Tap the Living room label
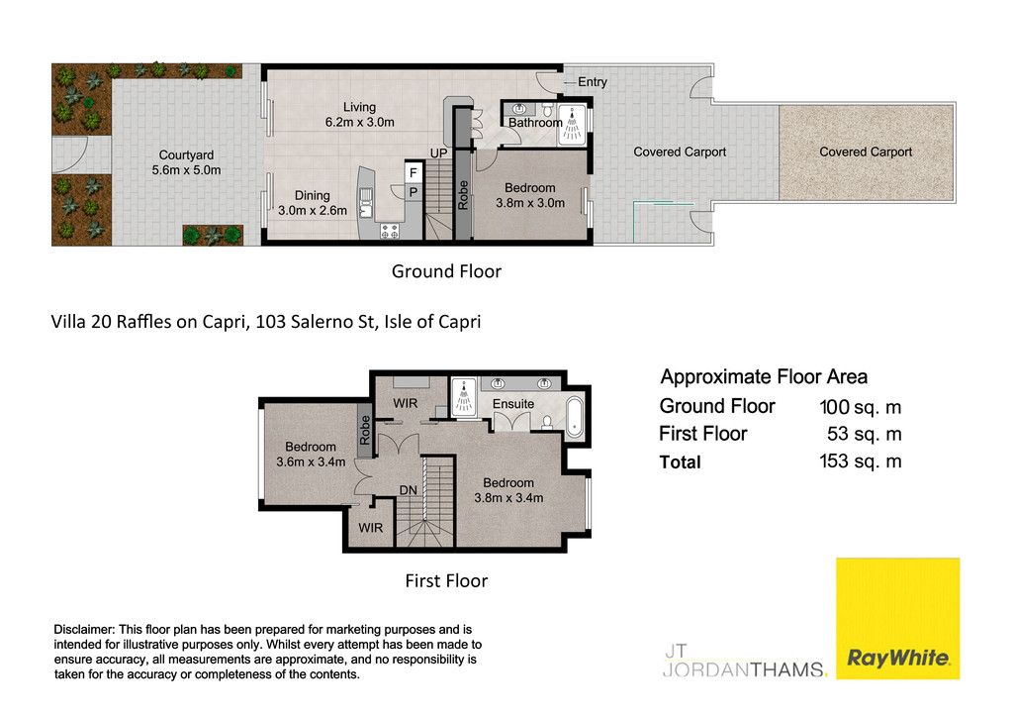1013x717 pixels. click(x=359, y=115)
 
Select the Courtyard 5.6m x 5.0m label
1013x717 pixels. click(x=186, y=162)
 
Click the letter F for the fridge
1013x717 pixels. click(x=414, y=172)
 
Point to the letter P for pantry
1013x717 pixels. click(x=414, y=192)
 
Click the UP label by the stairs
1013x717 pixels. click(x=438, y=154)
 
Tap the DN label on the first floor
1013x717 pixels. click(x=409, y=490)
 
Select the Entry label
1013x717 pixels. click(x=593, y=82)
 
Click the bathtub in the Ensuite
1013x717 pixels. click(x=574, y=417)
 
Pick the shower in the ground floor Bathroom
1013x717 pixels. click(x=572, y=125)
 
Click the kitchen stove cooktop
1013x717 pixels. click(x=390, y=231)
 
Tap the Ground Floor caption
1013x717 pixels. click(x=446, y=271)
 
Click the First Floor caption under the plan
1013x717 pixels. click(x=446, y=580)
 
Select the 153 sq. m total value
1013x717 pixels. click(x=860, y=461)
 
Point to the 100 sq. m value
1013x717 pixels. click(x=860, y=407)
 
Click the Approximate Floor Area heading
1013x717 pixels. click(x=764, y=377)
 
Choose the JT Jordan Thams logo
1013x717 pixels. click(x=745, y=661)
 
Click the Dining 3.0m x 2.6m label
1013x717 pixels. click(x=312, y=203)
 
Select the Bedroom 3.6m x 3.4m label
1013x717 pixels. click(x=311, y=454)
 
